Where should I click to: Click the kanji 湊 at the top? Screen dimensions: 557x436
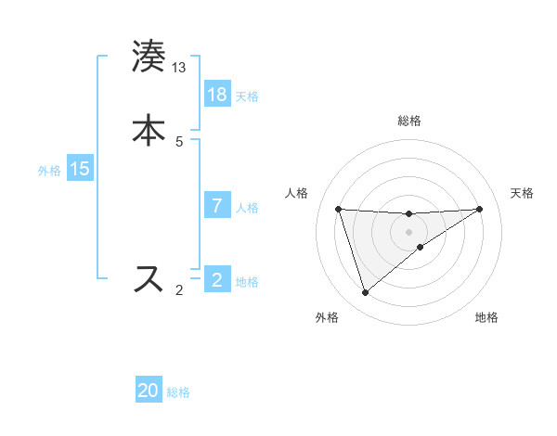coord(149,57)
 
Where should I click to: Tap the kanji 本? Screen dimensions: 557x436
coord(149,129)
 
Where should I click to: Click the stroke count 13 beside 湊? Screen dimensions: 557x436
coord(179,68)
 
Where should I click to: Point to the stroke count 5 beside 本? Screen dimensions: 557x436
coord(179,141)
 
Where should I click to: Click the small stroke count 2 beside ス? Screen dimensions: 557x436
coord(179,290)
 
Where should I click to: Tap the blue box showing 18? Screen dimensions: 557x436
coord(217,95)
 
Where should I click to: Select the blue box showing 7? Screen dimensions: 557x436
coord(217,206)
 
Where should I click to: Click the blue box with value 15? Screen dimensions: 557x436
coord(80,169)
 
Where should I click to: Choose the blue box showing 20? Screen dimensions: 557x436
coord(149,391)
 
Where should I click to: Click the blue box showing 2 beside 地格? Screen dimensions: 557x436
coord(217,279)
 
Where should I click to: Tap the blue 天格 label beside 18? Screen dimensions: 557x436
coord(247,96)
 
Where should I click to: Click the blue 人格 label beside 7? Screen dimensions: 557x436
coord(247,207)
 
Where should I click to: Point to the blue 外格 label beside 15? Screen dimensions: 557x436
coord(49,170)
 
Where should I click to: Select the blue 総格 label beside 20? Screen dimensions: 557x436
coord(178,391)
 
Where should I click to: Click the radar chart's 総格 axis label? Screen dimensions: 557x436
coord(409,121)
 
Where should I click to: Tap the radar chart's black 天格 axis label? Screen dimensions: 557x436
coord(523,193)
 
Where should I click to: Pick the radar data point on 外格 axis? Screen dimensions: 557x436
coord(365,293)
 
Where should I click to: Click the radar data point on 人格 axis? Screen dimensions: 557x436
coord(339,209)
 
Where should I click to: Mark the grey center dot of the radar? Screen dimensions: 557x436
coord(409,231)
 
